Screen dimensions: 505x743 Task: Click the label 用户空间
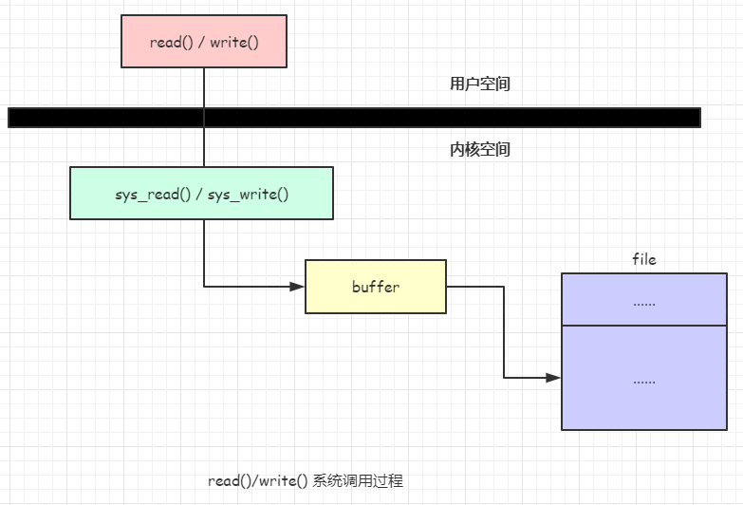point(479,84)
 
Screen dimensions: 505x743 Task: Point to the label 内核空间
point(479,149)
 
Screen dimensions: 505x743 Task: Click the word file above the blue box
point(643,259)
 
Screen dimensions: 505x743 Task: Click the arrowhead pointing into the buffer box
point(297,286)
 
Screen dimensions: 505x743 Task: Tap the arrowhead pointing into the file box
point(553,378)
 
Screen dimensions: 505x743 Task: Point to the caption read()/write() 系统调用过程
point(306,481)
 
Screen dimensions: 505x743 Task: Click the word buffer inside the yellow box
point(375,287)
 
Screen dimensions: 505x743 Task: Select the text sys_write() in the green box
point(249,195)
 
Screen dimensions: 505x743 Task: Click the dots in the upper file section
point(643,303)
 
